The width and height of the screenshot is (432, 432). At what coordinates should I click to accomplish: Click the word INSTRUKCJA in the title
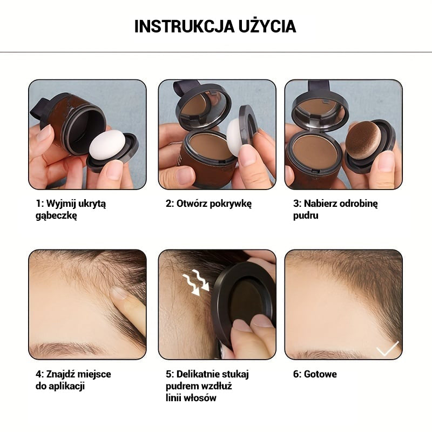(x=184, y=26)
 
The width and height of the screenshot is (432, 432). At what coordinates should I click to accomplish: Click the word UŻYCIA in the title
(x=267, y=26)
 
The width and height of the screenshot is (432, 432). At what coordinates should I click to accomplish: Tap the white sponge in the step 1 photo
(x=107, y=145)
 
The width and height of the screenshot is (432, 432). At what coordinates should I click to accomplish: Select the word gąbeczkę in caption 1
(x=56, y=215)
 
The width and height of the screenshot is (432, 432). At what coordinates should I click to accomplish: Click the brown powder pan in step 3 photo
(x=315, y=150)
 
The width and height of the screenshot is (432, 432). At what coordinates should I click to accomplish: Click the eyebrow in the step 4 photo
(x=66, y=348)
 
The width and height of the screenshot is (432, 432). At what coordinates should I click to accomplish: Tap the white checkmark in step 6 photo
(x=388, y=348)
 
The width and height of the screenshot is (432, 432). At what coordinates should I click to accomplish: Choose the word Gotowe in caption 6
(x=320, y=374)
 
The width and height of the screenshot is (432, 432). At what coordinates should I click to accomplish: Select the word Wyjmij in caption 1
(x=60, y=204)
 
